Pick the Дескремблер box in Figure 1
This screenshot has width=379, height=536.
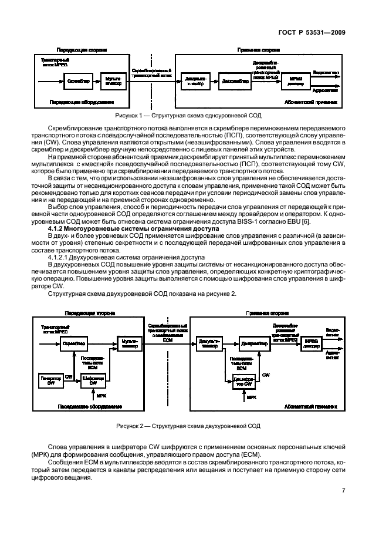234,82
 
